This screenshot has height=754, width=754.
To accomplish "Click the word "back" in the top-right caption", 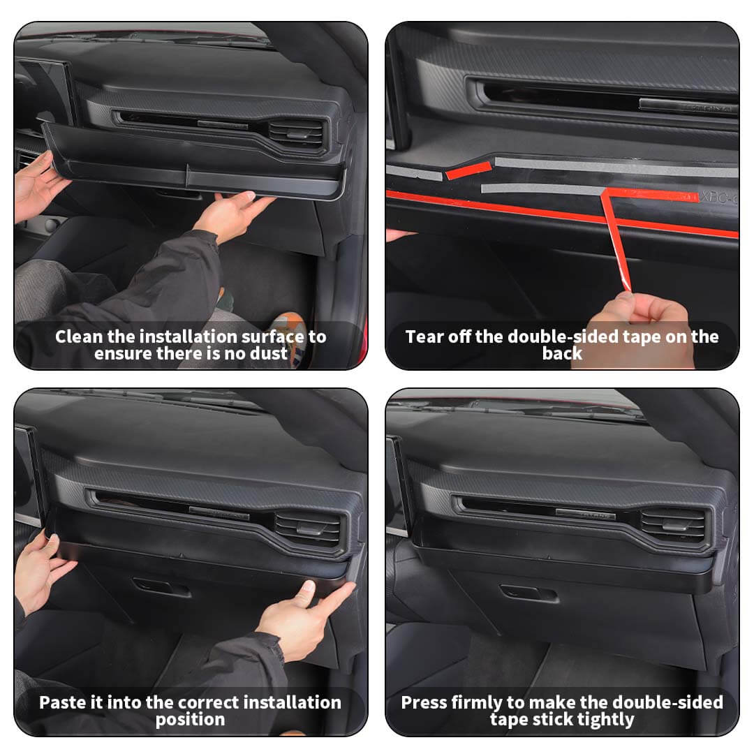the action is [562, 353].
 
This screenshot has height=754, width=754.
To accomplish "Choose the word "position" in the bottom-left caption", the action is [190, 720].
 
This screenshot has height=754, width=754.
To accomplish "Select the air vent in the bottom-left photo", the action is [308, 529].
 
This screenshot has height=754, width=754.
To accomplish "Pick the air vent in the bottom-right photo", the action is [672, 525].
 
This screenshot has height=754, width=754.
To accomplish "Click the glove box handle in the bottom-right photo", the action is [529, 593].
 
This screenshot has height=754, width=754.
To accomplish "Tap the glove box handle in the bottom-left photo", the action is [161, 586].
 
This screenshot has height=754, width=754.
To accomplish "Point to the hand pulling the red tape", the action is [640, 327].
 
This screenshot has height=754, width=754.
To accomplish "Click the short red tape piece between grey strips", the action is [468, 170].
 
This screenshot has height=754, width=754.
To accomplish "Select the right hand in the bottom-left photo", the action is [303, 621].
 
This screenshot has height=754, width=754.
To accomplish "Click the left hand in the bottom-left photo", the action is [41, 572].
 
